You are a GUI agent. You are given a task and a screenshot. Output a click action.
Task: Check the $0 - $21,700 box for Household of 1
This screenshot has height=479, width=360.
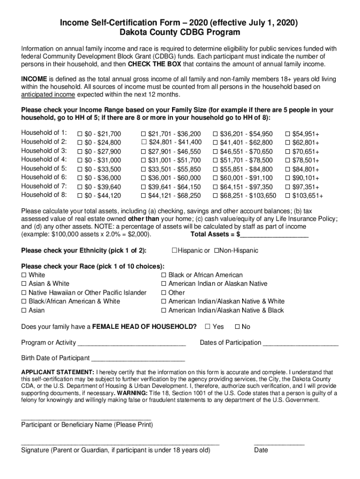coord(80,134)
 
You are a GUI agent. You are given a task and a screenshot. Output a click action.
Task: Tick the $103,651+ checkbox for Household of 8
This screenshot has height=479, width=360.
coord(288,196)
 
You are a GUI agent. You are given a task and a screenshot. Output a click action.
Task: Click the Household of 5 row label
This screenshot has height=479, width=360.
coord(44,168)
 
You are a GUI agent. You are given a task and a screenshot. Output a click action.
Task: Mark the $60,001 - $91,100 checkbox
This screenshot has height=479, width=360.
coord(216,178)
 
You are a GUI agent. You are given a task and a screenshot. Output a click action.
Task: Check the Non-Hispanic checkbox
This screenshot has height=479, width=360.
coord(216,251)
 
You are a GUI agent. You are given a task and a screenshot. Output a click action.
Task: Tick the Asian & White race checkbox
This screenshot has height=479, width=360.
coord(24,284)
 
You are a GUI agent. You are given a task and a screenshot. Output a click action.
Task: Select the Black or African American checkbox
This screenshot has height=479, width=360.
coord(164,275)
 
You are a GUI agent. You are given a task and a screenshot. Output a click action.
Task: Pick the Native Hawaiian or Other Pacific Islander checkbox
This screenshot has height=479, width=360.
coord(24,293)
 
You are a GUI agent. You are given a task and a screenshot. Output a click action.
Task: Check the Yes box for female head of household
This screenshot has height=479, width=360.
coord(207,327)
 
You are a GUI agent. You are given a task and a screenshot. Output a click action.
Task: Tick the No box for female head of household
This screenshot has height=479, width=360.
coord(237,327)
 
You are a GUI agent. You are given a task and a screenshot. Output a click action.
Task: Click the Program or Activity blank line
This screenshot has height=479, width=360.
coord(132,344)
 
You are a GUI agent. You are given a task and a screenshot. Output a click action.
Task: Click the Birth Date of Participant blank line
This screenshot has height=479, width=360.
coord(138,359)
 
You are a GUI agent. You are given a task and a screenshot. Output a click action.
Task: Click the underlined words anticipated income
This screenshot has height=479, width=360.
coord(48,95)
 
